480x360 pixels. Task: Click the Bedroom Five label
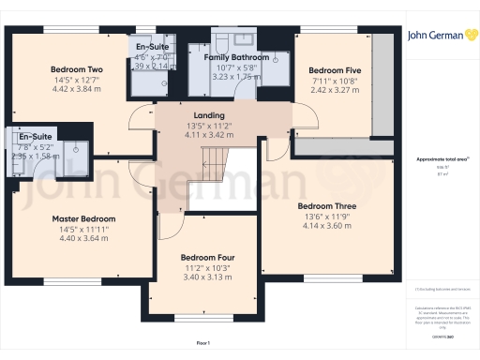[x=334, y=70]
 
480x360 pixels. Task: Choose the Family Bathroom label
[x=236, y=57]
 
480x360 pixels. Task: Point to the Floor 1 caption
[x=202, y=343]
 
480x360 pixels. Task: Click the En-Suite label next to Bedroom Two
[x=151, y=47]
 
